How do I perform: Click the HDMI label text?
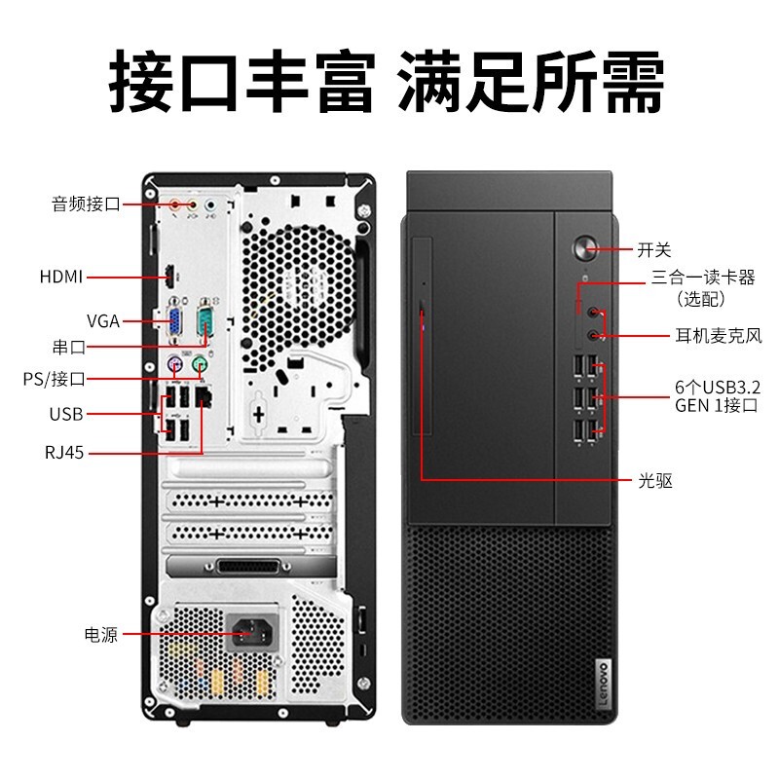click(61, 277)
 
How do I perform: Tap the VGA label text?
click(103, 321)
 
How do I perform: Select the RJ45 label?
click(64, 453)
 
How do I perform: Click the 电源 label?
click(101, 635)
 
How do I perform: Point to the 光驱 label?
click(655, 480)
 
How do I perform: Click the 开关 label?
click(654, 249)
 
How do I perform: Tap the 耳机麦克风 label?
click(719, 335)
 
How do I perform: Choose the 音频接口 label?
click(87, 204)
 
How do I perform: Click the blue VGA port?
click(174, 321)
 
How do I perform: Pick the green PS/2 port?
click(199, 364)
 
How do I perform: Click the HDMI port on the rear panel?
click(169, 277)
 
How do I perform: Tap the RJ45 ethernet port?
click(204, 397)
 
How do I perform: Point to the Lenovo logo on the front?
click(603, 685)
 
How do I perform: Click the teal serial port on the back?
click(204, 321)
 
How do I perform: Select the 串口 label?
click(69, 347)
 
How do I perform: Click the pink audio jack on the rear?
click(174, 204)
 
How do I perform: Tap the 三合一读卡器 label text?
click(703, 278)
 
